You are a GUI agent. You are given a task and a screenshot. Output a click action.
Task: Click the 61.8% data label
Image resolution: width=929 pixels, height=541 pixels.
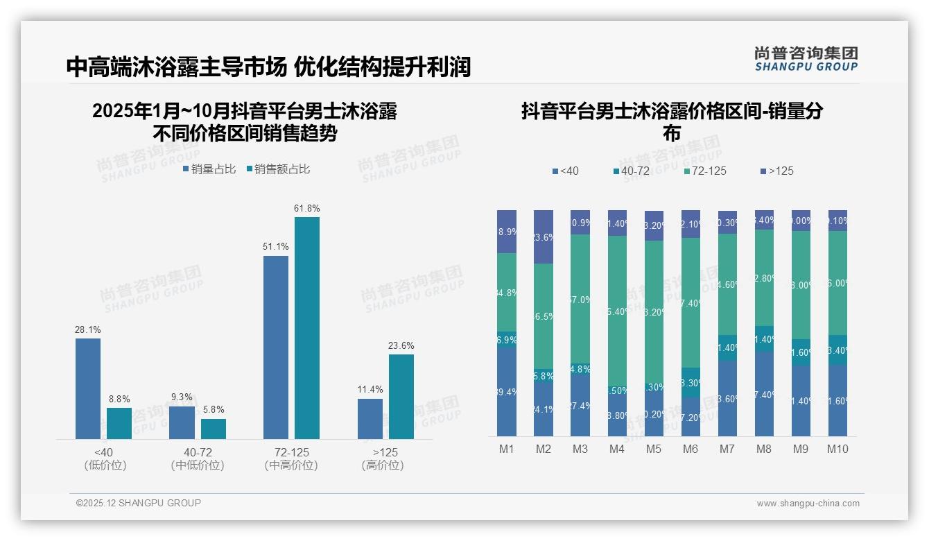point(307,208)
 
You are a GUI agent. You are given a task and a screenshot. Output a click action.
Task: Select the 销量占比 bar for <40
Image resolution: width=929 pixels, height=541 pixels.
point(88,388)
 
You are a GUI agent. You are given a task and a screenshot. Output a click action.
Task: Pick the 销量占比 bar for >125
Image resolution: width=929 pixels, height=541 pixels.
point(370,419)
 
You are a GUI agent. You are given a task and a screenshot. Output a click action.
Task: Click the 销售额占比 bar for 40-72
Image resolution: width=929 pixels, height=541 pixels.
point(214,429)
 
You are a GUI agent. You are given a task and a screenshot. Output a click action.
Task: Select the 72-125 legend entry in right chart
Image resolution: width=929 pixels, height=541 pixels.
point(704,171)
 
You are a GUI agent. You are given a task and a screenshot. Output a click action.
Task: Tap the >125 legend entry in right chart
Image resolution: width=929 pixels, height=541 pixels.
point(777,171)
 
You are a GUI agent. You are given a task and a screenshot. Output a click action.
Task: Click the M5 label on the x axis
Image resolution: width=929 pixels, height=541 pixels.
point(654,449)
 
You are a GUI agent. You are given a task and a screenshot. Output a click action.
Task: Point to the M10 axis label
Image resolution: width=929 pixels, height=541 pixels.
point(837,449)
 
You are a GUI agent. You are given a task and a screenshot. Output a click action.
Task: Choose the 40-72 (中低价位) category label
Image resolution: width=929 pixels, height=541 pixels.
point(198,458)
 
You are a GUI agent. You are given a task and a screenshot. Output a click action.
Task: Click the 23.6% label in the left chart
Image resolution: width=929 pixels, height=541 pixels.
point(401,345)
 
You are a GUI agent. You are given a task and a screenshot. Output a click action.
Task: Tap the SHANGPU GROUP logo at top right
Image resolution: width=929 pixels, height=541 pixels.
point(806,58)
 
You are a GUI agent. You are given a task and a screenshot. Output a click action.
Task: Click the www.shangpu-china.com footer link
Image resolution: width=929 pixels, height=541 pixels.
point(808,504)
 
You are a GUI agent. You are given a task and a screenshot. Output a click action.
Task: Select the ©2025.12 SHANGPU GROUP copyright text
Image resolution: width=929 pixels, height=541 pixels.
point(139,503)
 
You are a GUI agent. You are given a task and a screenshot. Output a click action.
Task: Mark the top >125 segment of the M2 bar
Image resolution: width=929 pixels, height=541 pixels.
point(544,237)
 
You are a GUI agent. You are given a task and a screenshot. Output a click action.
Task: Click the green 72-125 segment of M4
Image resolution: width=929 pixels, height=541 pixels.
point(617,311)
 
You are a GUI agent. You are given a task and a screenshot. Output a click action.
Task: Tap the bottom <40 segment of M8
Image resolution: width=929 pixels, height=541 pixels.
point(764,394)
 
